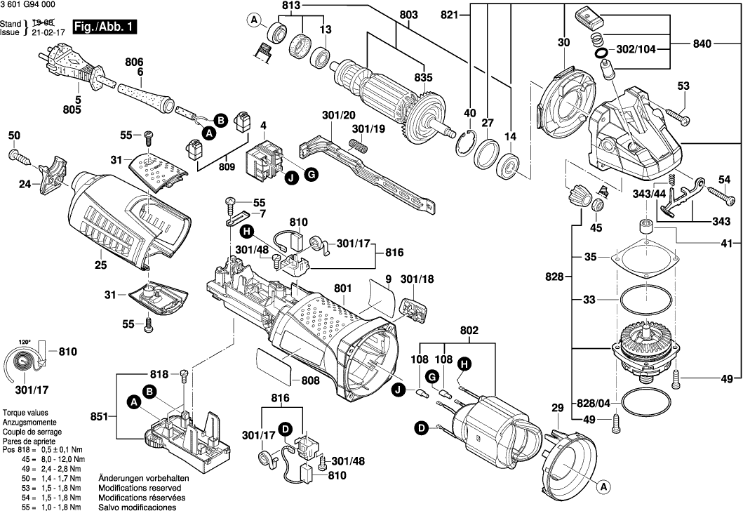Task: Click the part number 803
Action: click(408, 15)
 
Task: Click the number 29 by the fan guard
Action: click(557, 409)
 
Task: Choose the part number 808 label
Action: click(309, 380)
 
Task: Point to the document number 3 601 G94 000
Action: click(29, 6)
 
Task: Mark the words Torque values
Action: click(26, 413)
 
